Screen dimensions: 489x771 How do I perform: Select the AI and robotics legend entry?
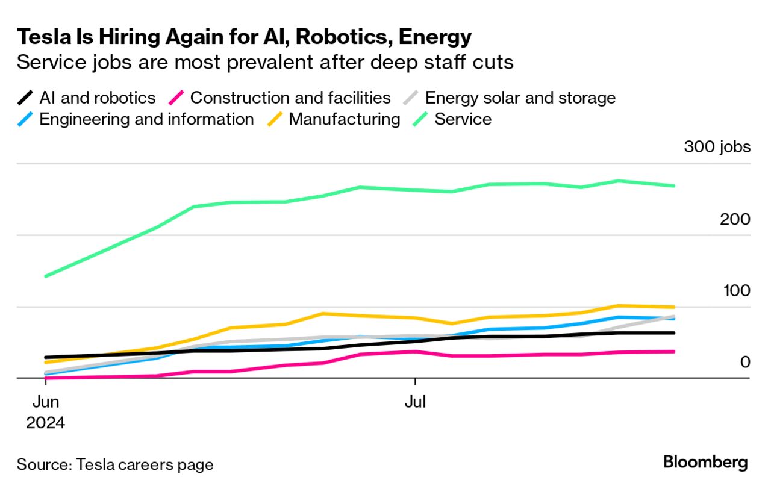click(97, 98)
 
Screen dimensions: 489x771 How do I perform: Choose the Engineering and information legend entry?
click(146, 119)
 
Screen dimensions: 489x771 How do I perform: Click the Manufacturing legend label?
click(344, 119)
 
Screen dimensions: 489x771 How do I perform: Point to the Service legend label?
click(463, 119)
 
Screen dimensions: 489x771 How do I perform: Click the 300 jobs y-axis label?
click(717, 147)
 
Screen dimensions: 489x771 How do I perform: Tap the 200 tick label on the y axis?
click(735, 219)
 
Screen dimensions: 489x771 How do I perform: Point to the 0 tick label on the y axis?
click(745, 362)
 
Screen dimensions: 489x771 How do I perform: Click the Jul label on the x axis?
click(415, 402)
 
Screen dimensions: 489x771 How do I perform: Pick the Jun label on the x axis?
click(45, 402)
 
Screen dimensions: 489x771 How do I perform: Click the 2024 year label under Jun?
click(45, 423)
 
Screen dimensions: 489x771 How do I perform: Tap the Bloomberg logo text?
click(705, 463)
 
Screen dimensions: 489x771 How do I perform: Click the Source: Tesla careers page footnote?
click(115, 465)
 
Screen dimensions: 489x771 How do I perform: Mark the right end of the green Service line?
click(674, 185)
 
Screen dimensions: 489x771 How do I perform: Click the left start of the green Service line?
click(46, 276)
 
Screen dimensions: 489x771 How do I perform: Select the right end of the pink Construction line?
click(674, 351)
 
